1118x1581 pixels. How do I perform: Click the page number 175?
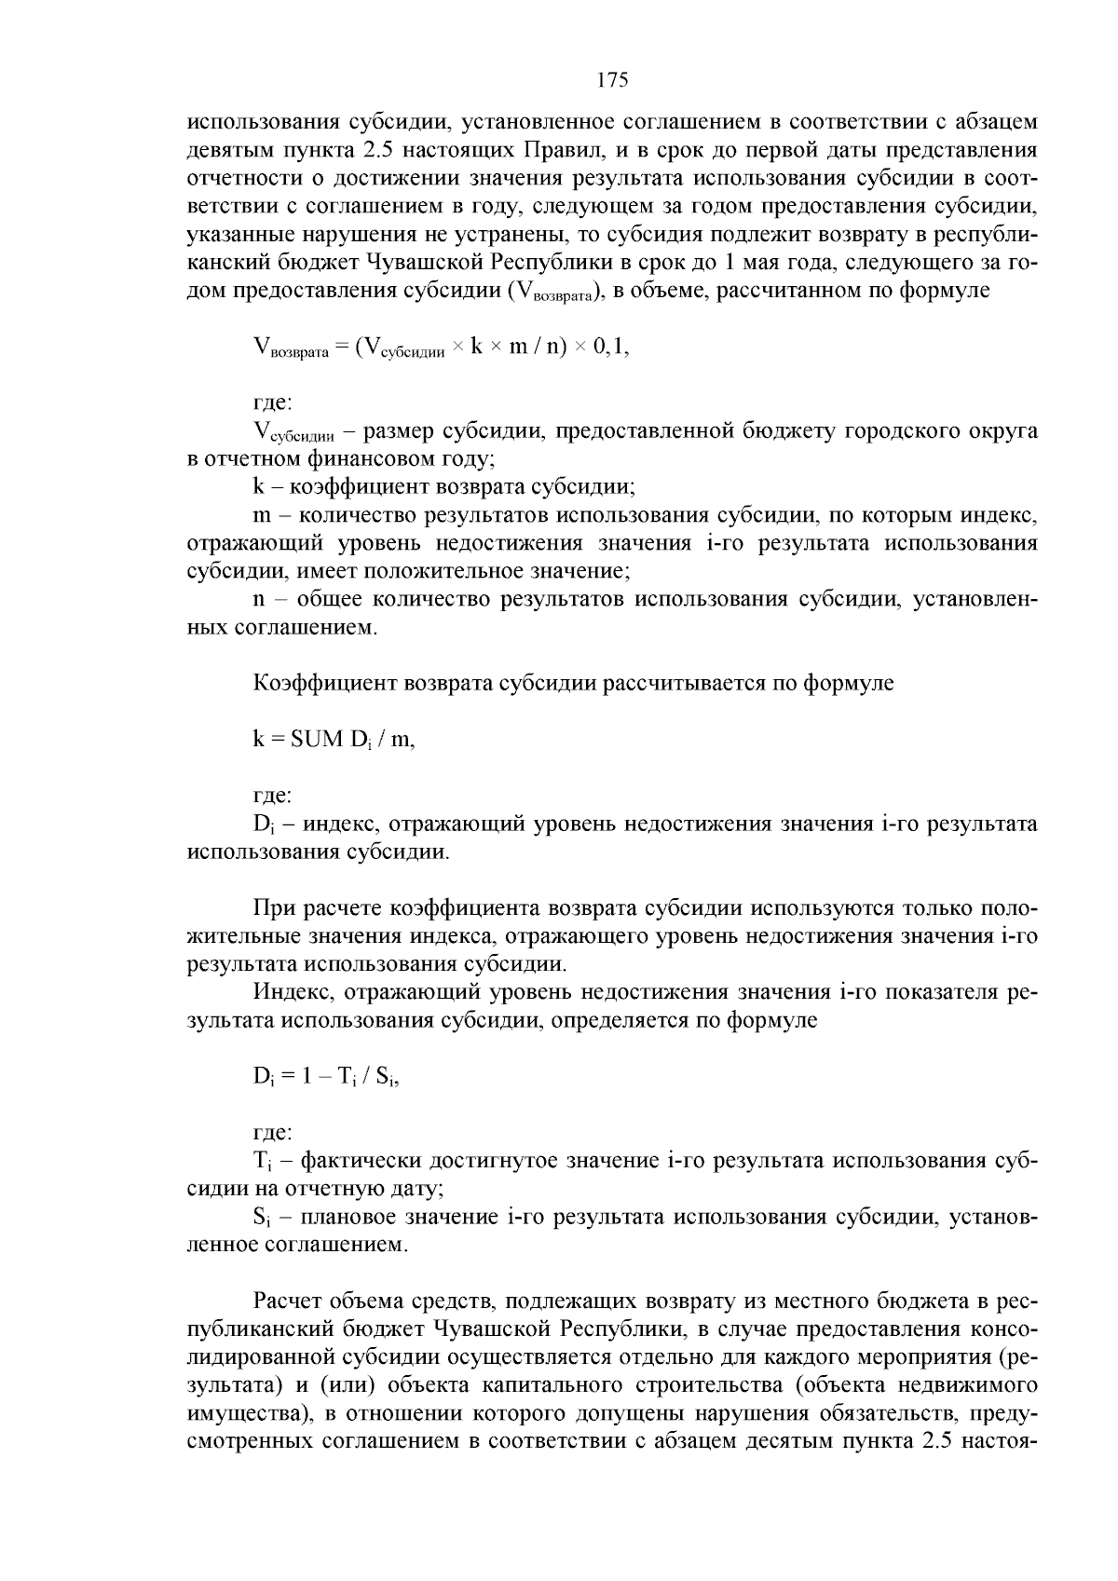pos(612,80)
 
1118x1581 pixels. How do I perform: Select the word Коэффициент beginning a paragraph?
pos(325,683)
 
